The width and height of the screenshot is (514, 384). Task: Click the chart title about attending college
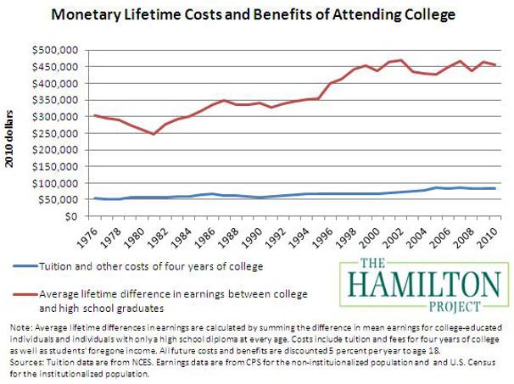point(257,14)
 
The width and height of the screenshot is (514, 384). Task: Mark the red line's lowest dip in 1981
point(154,134)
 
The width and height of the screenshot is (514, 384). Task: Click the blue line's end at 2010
point(494,188)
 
